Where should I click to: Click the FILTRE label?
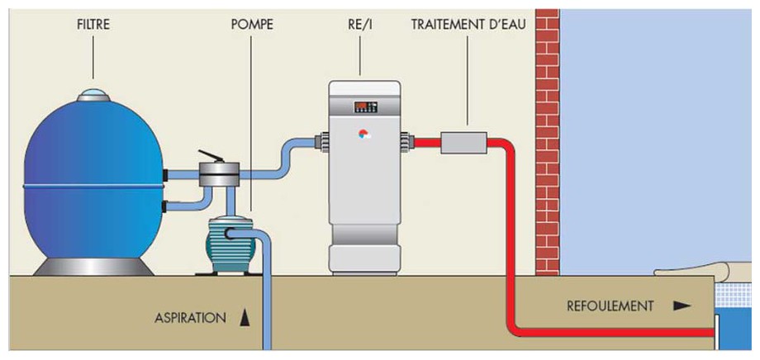[x=92, y=25]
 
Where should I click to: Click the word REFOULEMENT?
[x=610, y=306]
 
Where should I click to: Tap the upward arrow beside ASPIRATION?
[x=245, y=317]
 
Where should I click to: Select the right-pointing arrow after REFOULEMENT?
[x=682, y=306]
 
